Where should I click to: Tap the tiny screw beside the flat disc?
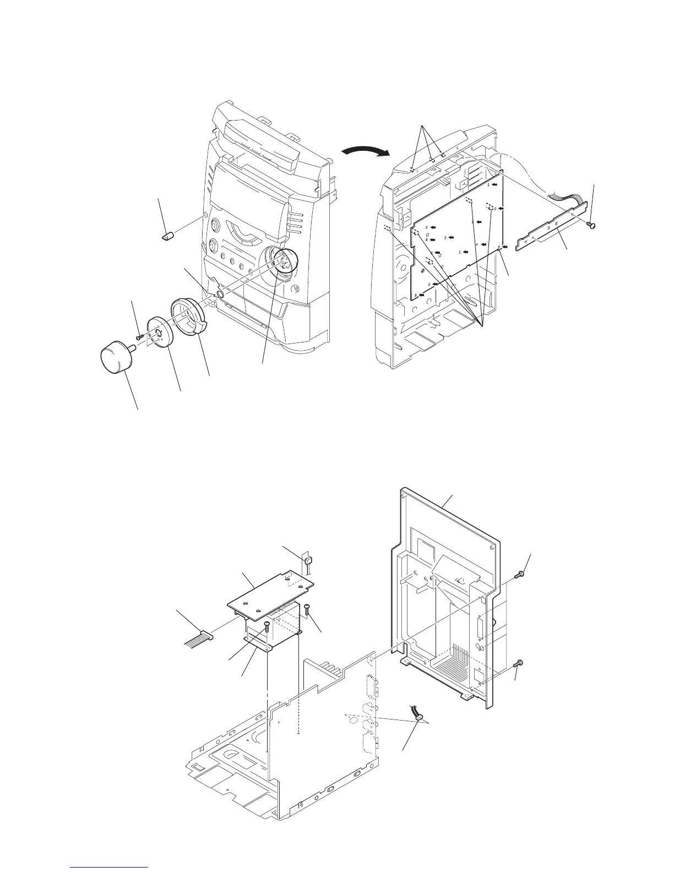(139, 335)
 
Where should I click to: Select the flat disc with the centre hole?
(160, 333)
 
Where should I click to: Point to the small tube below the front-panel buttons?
(220, 295)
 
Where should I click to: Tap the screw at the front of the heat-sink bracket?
(267, 625)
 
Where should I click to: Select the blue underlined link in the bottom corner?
(110, 867)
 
